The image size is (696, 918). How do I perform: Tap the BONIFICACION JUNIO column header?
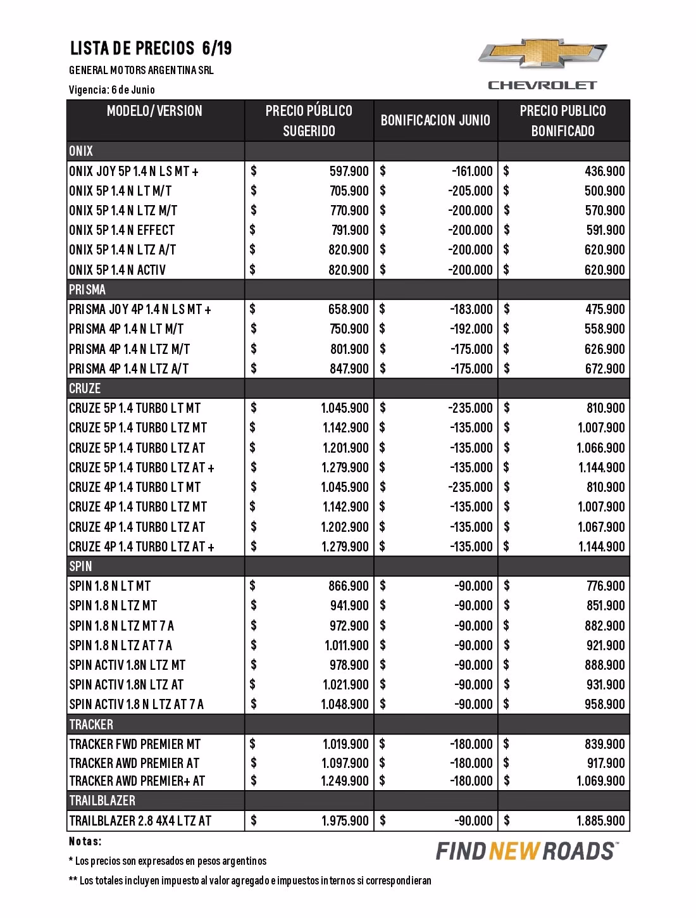(x=435, y=120)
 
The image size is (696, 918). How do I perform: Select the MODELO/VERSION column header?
(x=154, y=111)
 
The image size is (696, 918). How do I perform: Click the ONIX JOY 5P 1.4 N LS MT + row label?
(x=134, y=171)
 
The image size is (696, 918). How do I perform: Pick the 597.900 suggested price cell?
(x=349, y=171)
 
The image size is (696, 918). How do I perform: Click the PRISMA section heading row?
(x=88, y=290)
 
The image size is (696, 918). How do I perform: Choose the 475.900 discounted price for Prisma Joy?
(x=604, y=310)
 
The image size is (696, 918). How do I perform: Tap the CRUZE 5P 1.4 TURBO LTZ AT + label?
(x=142, y=468)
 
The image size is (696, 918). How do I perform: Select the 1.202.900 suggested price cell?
(x=344, y=527)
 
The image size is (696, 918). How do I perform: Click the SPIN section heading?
(x=81, y=566)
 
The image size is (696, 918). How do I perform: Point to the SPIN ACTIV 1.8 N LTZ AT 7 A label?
(x=137, y=705)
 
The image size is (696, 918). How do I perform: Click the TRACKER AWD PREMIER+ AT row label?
(x=137, y=781)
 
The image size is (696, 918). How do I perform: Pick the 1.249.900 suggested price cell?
(x=344, y=781)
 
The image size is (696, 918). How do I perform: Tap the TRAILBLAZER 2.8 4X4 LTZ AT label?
(x=140, y=821)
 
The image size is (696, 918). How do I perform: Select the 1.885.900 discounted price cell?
(x=600, y=821)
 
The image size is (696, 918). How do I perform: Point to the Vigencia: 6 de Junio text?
(x=112, y=90)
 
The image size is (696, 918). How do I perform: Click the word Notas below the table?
(x=85, y=842)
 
